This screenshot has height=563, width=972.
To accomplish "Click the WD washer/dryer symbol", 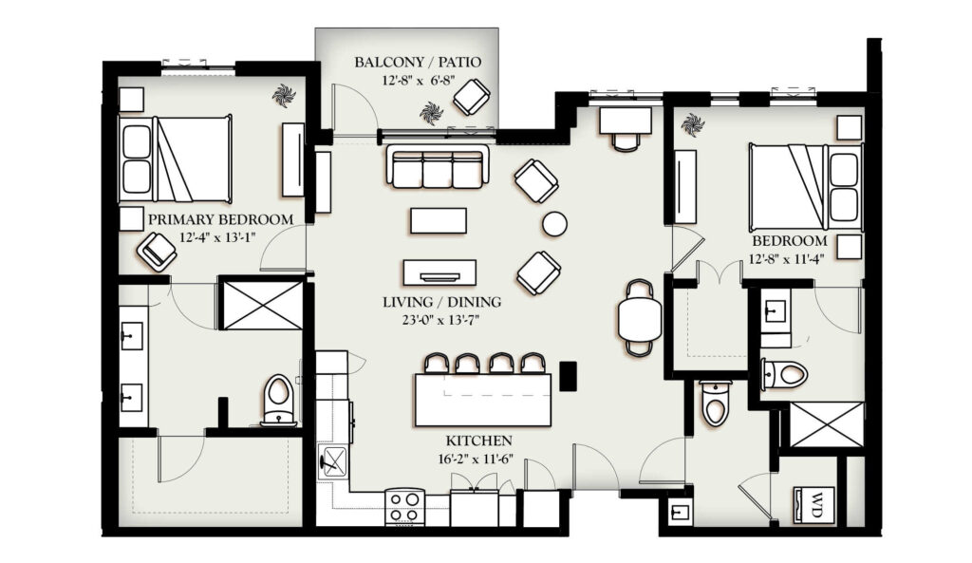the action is [815, 498].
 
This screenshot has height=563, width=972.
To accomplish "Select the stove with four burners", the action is [404, 506].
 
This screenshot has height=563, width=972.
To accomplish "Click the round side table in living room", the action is [554, 224].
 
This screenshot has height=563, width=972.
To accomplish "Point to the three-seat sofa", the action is [437, 166].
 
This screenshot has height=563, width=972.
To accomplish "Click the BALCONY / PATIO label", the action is [418, 62].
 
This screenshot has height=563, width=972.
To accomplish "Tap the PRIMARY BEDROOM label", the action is [220, 219].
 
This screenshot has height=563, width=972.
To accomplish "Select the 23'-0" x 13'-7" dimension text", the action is [440, 320].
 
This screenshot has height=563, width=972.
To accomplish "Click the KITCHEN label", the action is [479, 441].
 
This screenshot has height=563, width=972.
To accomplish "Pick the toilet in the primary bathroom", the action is [278, 400].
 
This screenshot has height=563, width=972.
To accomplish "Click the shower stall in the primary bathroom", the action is [262, 305].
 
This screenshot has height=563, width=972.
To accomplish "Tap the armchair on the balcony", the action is [472, 97].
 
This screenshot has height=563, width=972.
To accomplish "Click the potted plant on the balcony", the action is [431, 114].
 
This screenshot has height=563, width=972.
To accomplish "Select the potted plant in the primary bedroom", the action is [284, 96].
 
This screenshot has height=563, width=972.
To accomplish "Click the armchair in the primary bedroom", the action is [157, 251].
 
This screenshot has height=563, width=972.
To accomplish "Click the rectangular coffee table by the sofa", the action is [439, 220].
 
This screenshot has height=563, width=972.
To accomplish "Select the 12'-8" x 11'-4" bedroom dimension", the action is [787, 259].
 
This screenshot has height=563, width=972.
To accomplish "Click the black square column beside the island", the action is [568, 376].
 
